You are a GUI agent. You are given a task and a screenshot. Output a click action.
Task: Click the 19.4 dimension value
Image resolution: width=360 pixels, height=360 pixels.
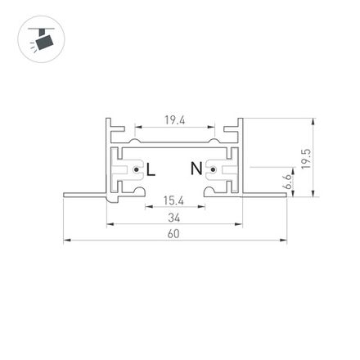[174, 119]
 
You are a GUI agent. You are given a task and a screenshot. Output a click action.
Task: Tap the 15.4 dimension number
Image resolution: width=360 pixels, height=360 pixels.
[173, 200]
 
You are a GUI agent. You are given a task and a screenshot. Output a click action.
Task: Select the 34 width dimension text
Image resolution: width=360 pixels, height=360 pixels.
[173, 218]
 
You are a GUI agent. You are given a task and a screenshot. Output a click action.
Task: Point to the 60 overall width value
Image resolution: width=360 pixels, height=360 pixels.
[173, 234]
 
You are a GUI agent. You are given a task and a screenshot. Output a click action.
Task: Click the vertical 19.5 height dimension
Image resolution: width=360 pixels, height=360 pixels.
[307, 158]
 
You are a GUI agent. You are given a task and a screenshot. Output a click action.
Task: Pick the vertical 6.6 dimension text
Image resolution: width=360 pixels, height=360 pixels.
[288, 182]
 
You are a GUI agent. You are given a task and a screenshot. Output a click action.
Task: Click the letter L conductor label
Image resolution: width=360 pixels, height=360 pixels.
[150, 169]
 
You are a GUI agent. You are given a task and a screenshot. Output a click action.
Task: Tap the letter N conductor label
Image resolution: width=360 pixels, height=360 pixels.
[196, 169]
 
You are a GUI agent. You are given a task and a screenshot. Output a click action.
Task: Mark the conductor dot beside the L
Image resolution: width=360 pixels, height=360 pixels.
[136, 170]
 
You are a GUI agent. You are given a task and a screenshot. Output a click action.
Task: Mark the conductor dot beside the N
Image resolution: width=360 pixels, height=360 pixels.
[213, 170]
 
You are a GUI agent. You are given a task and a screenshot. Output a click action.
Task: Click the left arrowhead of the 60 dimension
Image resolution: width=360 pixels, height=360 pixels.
[66, 241]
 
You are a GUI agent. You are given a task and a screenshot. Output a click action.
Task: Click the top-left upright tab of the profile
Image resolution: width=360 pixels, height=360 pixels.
[108, 127]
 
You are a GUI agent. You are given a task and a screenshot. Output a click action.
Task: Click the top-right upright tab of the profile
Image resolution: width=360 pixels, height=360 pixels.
[242, 127]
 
